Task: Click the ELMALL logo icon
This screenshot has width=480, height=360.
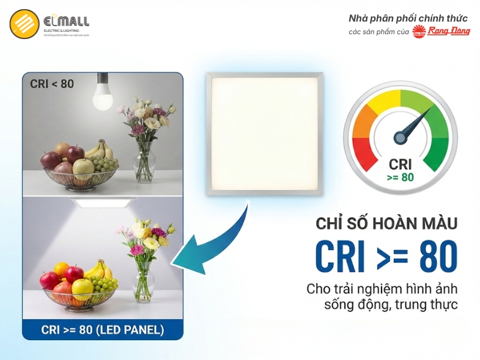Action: pos(25,25)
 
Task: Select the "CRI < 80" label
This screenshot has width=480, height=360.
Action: pos(52,84)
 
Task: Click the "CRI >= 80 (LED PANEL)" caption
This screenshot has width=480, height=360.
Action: pos(103,329)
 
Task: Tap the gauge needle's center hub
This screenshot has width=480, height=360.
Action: pos(401,137)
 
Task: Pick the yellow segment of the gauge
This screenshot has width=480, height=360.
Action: pos(384,100)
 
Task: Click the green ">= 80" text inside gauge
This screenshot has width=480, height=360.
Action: pos(400,177)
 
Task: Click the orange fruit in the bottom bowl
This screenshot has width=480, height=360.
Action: pos(61,269)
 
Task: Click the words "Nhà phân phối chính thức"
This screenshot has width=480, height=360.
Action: pos(408,18)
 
